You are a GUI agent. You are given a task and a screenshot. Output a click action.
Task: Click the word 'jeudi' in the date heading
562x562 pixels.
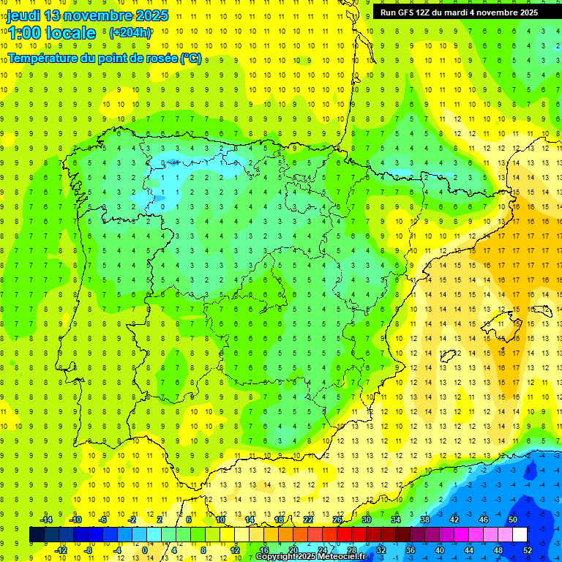click(24, 15)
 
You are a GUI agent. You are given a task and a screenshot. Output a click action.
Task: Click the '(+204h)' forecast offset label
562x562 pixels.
click(130, 32)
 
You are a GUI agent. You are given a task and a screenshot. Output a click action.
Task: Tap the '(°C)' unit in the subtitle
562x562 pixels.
click(190, 59)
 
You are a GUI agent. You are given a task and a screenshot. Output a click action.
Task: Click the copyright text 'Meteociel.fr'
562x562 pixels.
click(343, 557)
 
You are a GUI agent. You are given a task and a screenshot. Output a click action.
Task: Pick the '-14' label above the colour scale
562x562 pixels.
click(45, 520)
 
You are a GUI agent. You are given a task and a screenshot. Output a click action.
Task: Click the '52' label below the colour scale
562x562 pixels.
click(527, 550)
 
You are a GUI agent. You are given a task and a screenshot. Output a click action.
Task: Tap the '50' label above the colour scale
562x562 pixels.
click(512, 520)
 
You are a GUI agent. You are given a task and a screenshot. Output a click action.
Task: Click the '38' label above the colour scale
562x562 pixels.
click(425, 520)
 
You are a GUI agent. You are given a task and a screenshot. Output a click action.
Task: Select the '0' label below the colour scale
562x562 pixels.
click(145, 550)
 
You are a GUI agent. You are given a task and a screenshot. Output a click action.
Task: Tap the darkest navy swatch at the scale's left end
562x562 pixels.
click(37, 535)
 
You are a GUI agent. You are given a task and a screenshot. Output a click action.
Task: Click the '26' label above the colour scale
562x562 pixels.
click(337, 520)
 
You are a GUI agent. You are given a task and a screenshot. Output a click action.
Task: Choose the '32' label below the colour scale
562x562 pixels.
click(381, 550)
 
